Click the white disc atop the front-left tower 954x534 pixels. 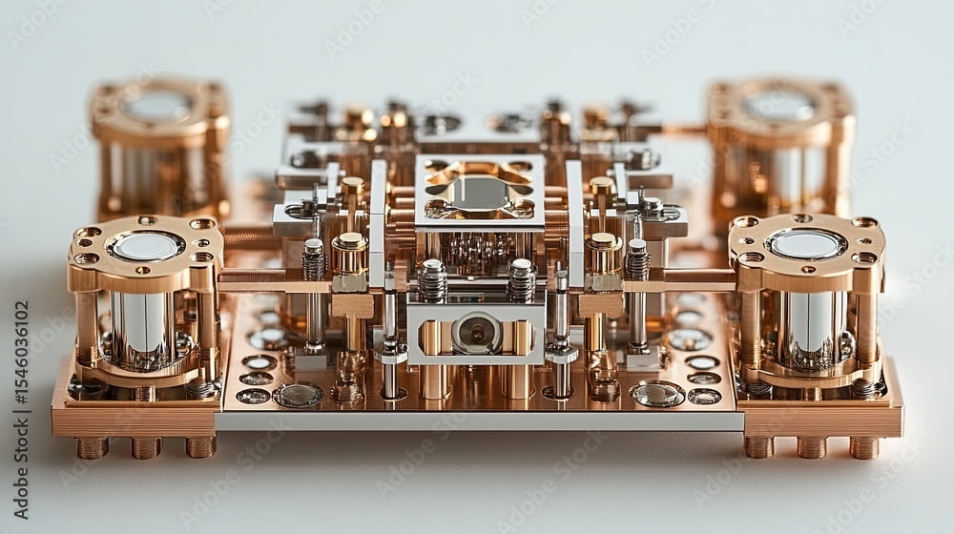pyautogui.click(x=145, y=246)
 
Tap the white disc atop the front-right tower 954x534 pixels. pyautogui.click(x=807, y=244)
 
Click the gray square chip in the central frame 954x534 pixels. pyautogui.click(x=479, y=193)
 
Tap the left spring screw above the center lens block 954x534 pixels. pyautogui.click(x=432, y=279)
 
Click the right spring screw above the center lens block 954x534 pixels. pyautogui.click(x=521, y=279)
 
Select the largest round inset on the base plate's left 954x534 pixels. pyautogui.click(x=298, y=395)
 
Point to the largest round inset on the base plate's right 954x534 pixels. pyautogui.click(x=657, y=393)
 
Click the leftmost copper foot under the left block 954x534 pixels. pyautogui.click(x=93, y=447)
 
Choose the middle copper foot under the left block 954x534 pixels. pyautogui.click(x=146, y=447)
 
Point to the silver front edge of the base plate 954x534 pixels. pyautogui.click(x=477, y=421)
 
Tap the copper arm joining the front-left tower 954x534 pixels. pyautogui.click(x=277, y=283)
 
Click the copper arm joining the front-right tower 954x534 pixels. pyautogui.click(x=679, y=283)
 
